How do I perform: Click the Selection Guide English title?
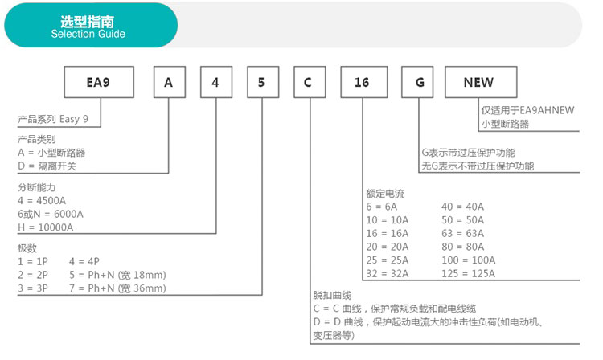[88, 34]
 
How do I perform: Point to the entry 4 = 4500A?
[42, 201]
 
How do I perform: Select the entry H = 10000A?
[45, 227]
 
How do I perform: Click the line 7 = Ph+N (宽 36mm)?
[117, 288]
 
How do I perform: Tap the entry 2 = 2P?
[33, 275]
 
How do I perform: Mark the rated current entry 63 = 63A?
[462, 234]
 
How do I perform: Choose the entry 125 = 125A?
[469, 273]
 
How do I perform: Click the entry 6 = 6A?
[381, 207]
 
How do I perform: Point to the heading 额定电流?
[385, 194]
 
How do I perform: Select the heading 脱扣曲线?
[332, 295]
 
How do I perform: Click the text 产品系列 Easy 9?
[53, 119]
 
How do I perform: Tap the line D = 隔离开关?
[47, 166]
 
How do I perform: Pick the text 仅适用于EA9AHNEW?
[527, 110]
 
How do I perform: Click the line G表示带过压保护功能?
[468, 153]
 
